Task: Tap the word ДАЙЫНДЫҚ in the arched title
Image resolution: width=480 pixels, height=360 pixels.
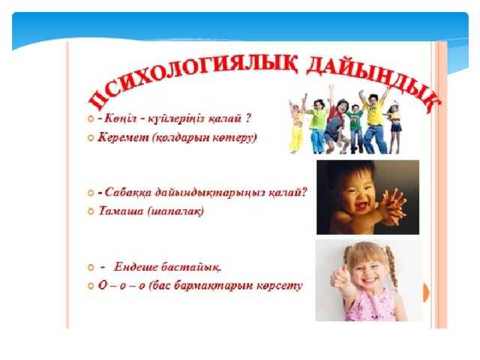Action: [372, 81]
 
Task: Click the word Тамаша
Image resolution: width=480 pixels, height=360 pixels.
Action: [121, 211]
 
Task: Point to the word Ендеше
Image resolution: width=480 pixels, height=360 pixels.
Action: [136, 267]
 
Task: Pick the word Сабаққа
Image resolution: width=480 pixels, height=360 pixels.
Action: [127, 193]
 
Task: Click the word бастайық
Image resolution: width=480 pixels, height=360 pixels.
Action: [191, 267]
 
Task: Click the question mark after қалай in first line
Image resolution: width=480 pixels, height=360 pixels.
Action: [248, 118]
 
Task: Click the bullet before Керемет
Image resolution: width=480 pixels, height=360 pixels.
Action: [90, 138]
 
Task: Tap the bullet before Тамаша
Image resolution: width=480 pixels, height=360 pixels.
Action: [90, 211]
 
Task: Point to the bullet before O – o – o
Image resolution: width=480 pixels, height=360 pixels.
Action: [90, 286]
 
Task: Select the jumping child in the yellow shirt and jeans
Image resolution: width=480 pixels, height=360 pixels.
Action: [374, 121]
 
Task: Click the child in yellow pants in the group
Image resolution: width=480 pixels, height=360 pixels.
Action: [296, 128]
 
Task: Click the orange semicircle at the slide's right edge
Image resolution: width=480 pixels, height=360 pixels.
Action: [426, 293]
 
